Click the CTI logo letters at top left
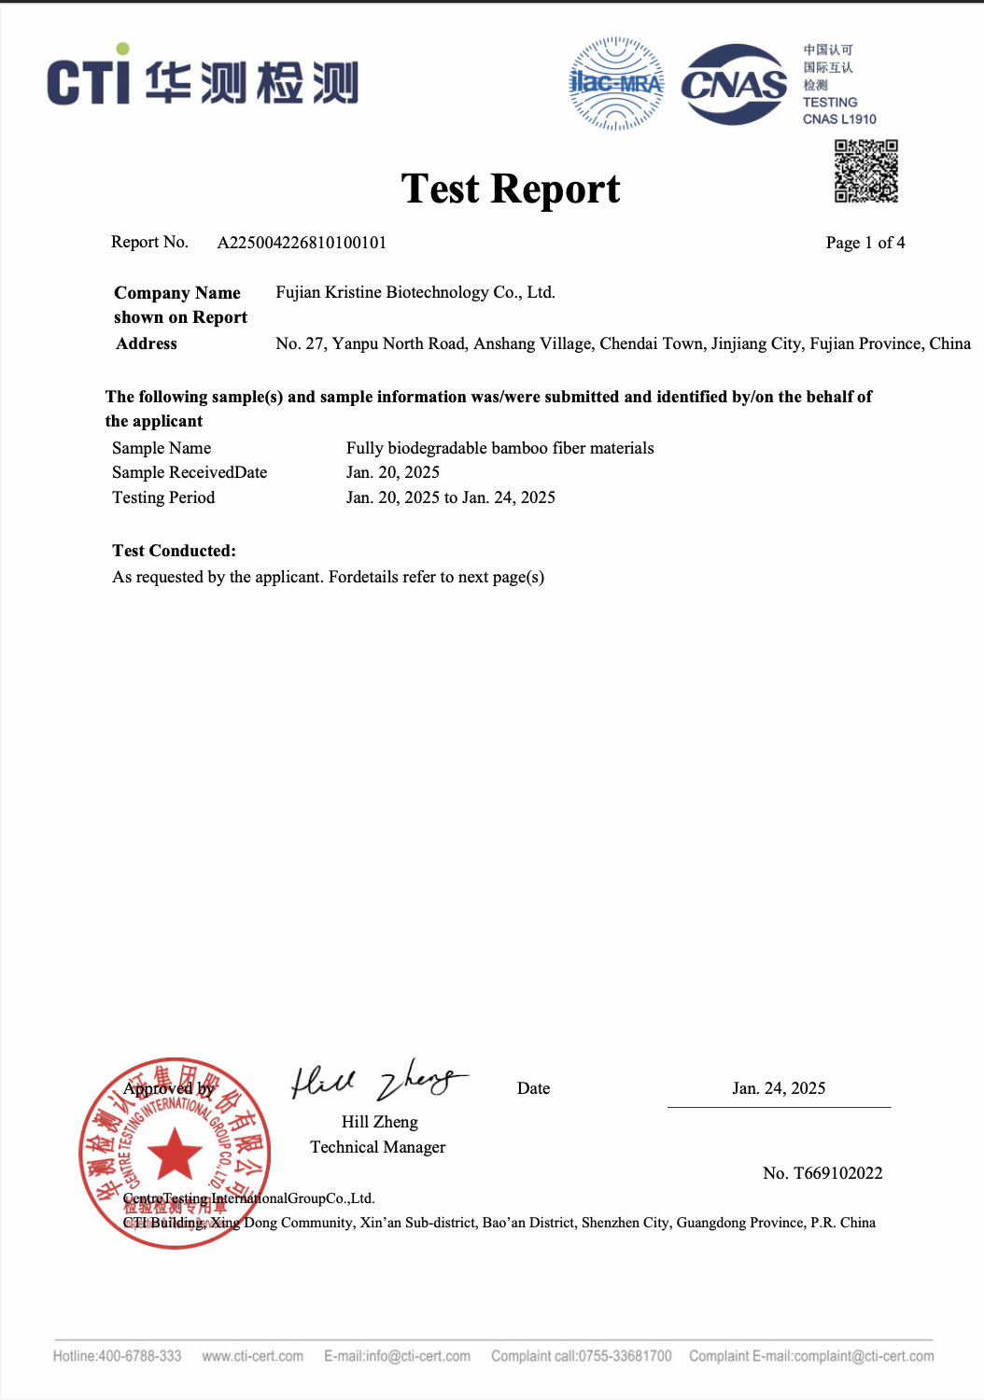click(x=88, y=80)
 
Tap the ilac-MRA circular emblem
click(x=616, y=83)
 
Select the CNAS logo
click(x=734, y=85)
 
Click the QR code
click(x=865, y=171)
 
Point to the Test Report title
click(x=511, y=189)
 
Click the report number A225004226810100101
click(x=302, y=243)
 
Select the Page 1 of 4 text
click(x=865, y=243)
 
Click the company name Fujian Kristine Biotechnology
click(x=415, y=292)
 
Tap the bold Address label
click(x=147, y=343)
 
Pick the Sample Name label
click(x=162, y=448)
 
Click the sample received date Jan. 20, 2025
click(x=392, y=472)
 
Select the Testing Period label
click(x=163, y=497)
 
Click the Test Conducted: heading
click(x=174, y=551)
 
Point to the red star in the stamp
click(x=175, y=1154)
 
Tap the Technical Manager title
click(x=377, y=1147)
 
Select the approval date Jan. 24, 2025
click(x=779, y=1088)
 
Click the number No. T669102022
click(x=822, y=1173)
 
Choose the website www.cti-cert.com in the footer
click(x=252, y=1356)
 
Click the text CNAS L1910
click(x=839, y=119)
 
